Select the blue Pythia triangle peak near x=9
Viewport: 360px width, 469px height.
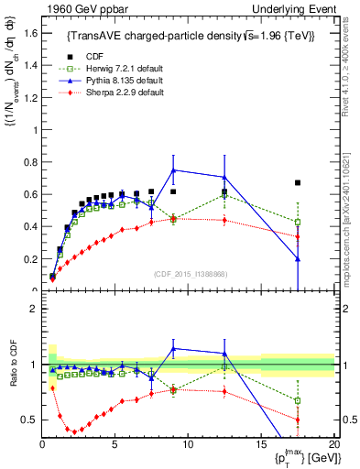click(x=173, y=169)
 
